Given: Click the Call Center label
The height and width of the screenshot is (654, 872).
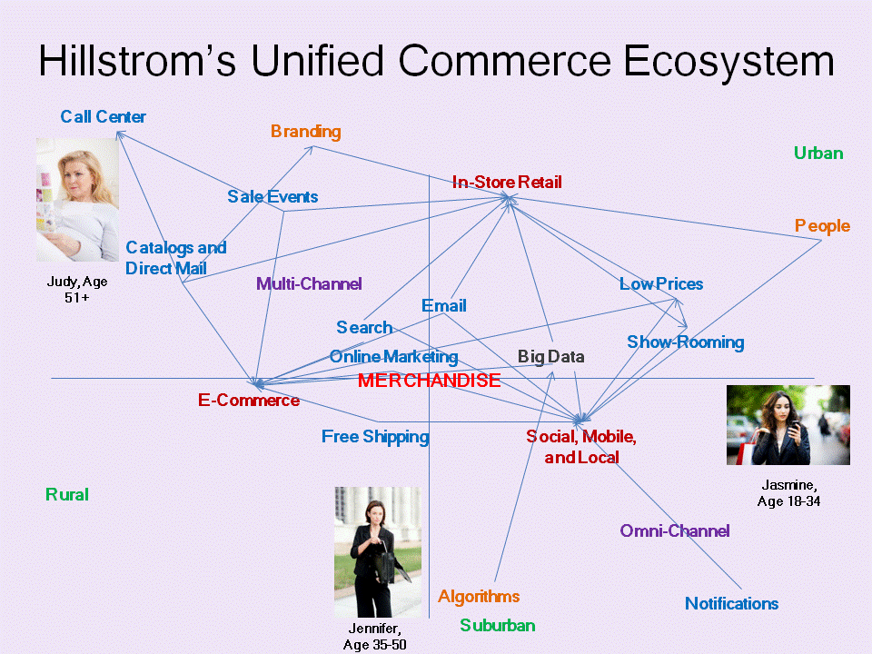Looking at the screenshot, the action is (x=103, y=116).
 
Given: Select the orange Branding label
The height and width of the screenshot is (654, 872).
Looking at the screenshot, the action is (x=305, y=132).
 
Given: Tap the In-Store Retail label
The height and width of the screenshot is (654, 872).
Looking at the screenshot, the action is (x=507, y=183).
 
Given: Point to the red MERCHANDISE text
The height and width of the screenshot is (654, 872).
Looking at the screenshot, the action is (x=429, y=381).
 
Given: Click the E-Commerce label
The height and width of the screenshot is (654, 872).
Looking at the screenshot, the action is (x=249, y=401).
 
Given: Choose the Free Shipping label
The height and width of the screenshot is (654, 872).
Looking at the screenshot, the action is (x=374, y=437).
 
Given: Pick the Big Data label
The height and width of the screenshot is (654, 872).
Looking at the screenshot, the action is (x=550, y=357).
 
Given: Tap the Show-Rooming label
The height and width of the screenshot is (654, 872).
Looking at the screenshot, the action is (x=685, y=342).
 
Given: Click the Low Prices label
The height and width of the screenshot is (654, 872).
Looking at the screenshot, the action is (x=660, y=284).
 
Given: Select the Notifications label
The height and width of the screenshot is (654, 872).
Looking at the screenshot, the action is (x=731, y=604).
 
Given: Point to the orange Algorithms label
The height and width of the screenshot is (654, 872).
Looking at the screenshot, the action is (x=479, y=597).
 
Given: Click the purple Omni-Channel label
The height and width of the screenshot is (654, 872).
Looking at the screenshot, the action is (x=674, y=531).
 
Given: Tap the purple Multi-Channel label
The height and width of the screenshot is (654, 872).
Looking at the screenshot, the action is (x=309, y=284).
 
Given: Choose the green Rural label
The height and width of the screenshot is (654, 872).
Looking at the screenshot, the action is (x=67, y=495).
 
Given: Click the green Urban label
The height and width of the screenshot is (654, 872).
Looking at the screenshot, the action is (x=817, y=154).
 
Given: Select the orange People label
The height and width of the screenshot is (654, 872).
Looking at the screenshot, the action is (x=822, y=226).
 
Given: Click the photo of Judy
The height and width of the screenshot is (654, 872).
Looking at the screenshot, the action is (x=77, y=200).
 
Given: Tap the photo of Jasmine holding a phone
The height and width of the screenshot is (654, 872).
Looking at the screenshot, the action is (x=788, y=425).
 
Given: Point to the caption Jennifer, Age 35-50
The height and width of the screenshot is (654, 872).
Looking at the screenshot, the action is (x=374, y=637).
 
